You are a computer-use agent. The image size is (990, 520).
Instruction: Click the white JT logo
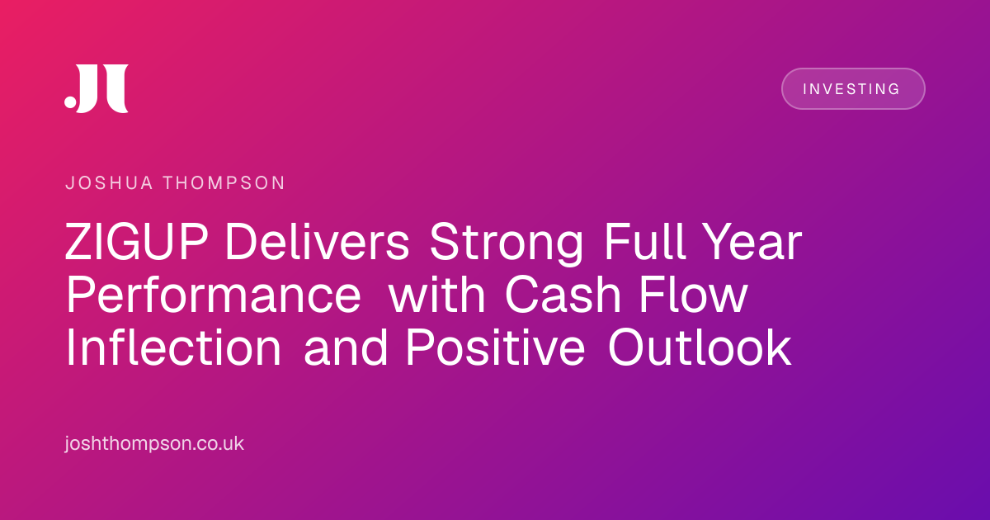(97, 88)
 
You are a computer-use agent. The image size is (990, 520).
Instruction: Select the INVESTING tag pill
(853, 88)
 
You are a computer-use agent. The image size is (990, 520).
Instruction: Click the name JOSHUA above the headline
(109, 183)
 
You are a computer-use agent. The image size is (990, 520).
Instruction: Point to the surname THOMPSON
(224, 183)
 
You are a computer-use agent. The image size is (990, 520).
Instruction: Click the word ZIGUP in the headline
(137, 242)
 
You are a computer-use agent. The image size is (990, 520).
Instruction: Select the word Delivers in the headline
(318, 242)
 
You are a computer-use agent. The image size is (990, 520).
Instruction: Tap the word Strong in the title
(507, 245)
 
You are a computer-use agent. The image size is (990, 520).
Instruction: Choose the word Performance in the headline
(214, 295)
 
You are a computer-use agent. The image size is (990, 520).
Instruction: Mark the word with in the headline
(436, 295)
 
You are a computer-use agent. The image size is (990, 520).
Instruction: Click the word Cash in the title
(563, 295)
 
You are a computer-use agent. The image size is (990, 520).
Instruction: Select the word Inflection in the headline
(174, 348)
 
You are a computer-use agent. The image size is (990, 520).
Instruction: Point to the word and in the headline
(346, 348)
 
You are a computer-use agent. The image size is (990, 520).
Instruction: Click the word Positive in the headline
(496, 348)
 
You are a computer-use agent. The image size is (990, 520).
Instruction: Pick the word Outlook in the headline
(700, 348)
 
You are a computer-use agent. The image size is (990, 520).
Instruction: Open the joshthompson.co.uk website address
(154, 443)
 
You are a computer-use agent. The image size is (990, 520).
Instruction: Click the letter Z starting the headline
(78, 242)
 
